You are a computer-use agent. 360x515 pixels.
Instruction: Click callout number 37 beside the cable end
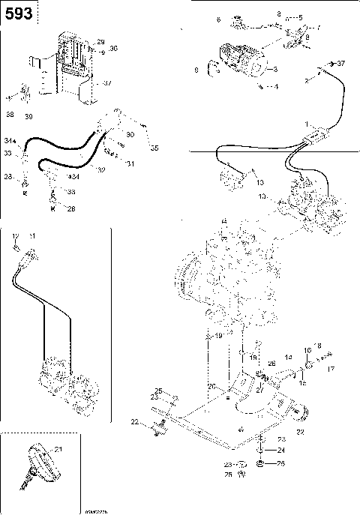(x=341, y=63)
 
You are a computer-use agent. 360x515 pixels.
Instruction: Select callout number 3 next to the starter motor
(x=277, y=70)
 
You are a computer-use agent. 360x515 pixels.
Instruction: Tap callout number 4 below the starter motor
(x=276, y=87)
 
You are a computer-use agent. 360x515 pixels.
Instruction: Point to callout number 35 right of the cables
(x=155, y=148)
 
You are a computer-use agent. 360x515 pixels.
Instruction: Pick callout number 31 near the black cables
(x=130, y=163)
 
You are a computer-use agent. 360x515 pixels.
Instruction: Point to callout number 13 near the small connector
(x=259, y=181)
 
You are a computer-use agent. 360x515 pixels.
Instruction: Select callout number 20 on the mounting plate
(x=212, y=386)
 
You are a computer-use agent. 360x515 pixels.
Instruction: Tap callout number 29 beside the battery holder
(x=101, y=40)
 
